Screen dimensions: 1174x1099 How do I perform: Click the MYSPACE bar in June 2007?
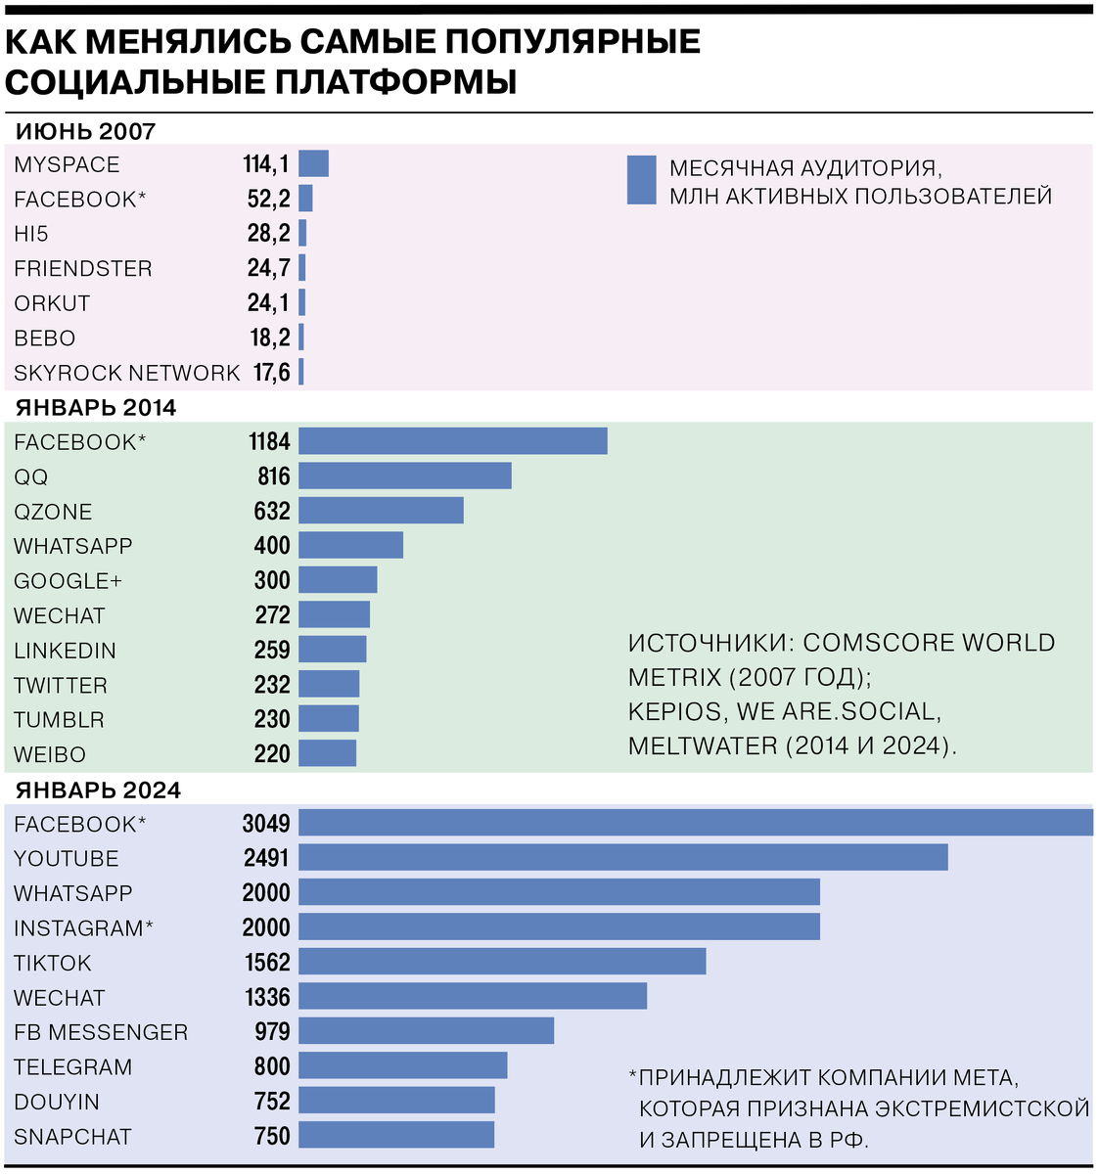pyautogui.click(x=313, y=163)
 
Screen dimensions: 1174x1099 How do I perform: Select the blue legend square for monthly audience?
pyautogui.click(x=641, y=180)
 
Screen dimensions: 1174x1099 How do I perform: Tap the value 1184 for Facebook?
pyautogui.click(x=269, y=442)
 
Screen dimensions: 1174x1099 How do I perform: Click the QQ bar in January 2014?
pyautogui.click(x=404, y=476)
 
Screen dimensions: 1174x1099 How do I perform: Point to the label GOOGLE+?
pyautogui.click(x=68, y=581)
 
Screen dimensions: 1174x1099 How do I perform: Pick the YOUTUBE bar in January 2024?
pyautogui.click(x=622, y=858)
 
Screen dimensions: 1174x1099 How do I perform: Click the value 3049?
pyautogui.click(x=266, y=824)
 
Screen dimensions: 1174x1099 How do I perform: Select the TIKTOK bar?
pyautogui.click(x=502, y=962)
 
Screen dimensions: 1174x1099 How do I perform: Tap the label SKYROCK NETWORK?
pyautogui.click(x=126, y=373)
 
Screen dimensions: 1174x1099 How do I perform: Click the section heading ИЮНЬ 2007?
pyautogui.click(x=85, y=131)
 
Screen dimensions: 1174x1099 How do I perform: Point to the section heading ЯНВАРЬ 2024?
pyautogui.click(x=98, y=790)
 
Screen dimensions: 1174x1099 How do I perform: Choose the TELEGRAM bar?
pyautogui.click(x=402, y=1066)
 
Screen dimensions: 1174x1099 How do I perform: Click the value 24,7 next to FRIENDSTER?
pyautogui.click(x=268, y=268)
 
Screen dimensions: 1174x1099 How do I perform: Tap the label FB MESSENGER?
pyautogui.click(x=101, y=1032)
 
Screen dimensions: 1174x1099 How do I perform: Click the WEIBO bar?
pyautogui.click(x=327, y=753)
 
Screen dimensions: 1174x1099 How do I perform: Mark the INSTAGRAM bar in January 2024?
pyautogui.click(x=559, y=927)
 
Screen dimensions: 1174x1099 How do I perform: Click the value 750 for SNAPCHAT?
pyautogui.click(x=272, y=1136)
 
